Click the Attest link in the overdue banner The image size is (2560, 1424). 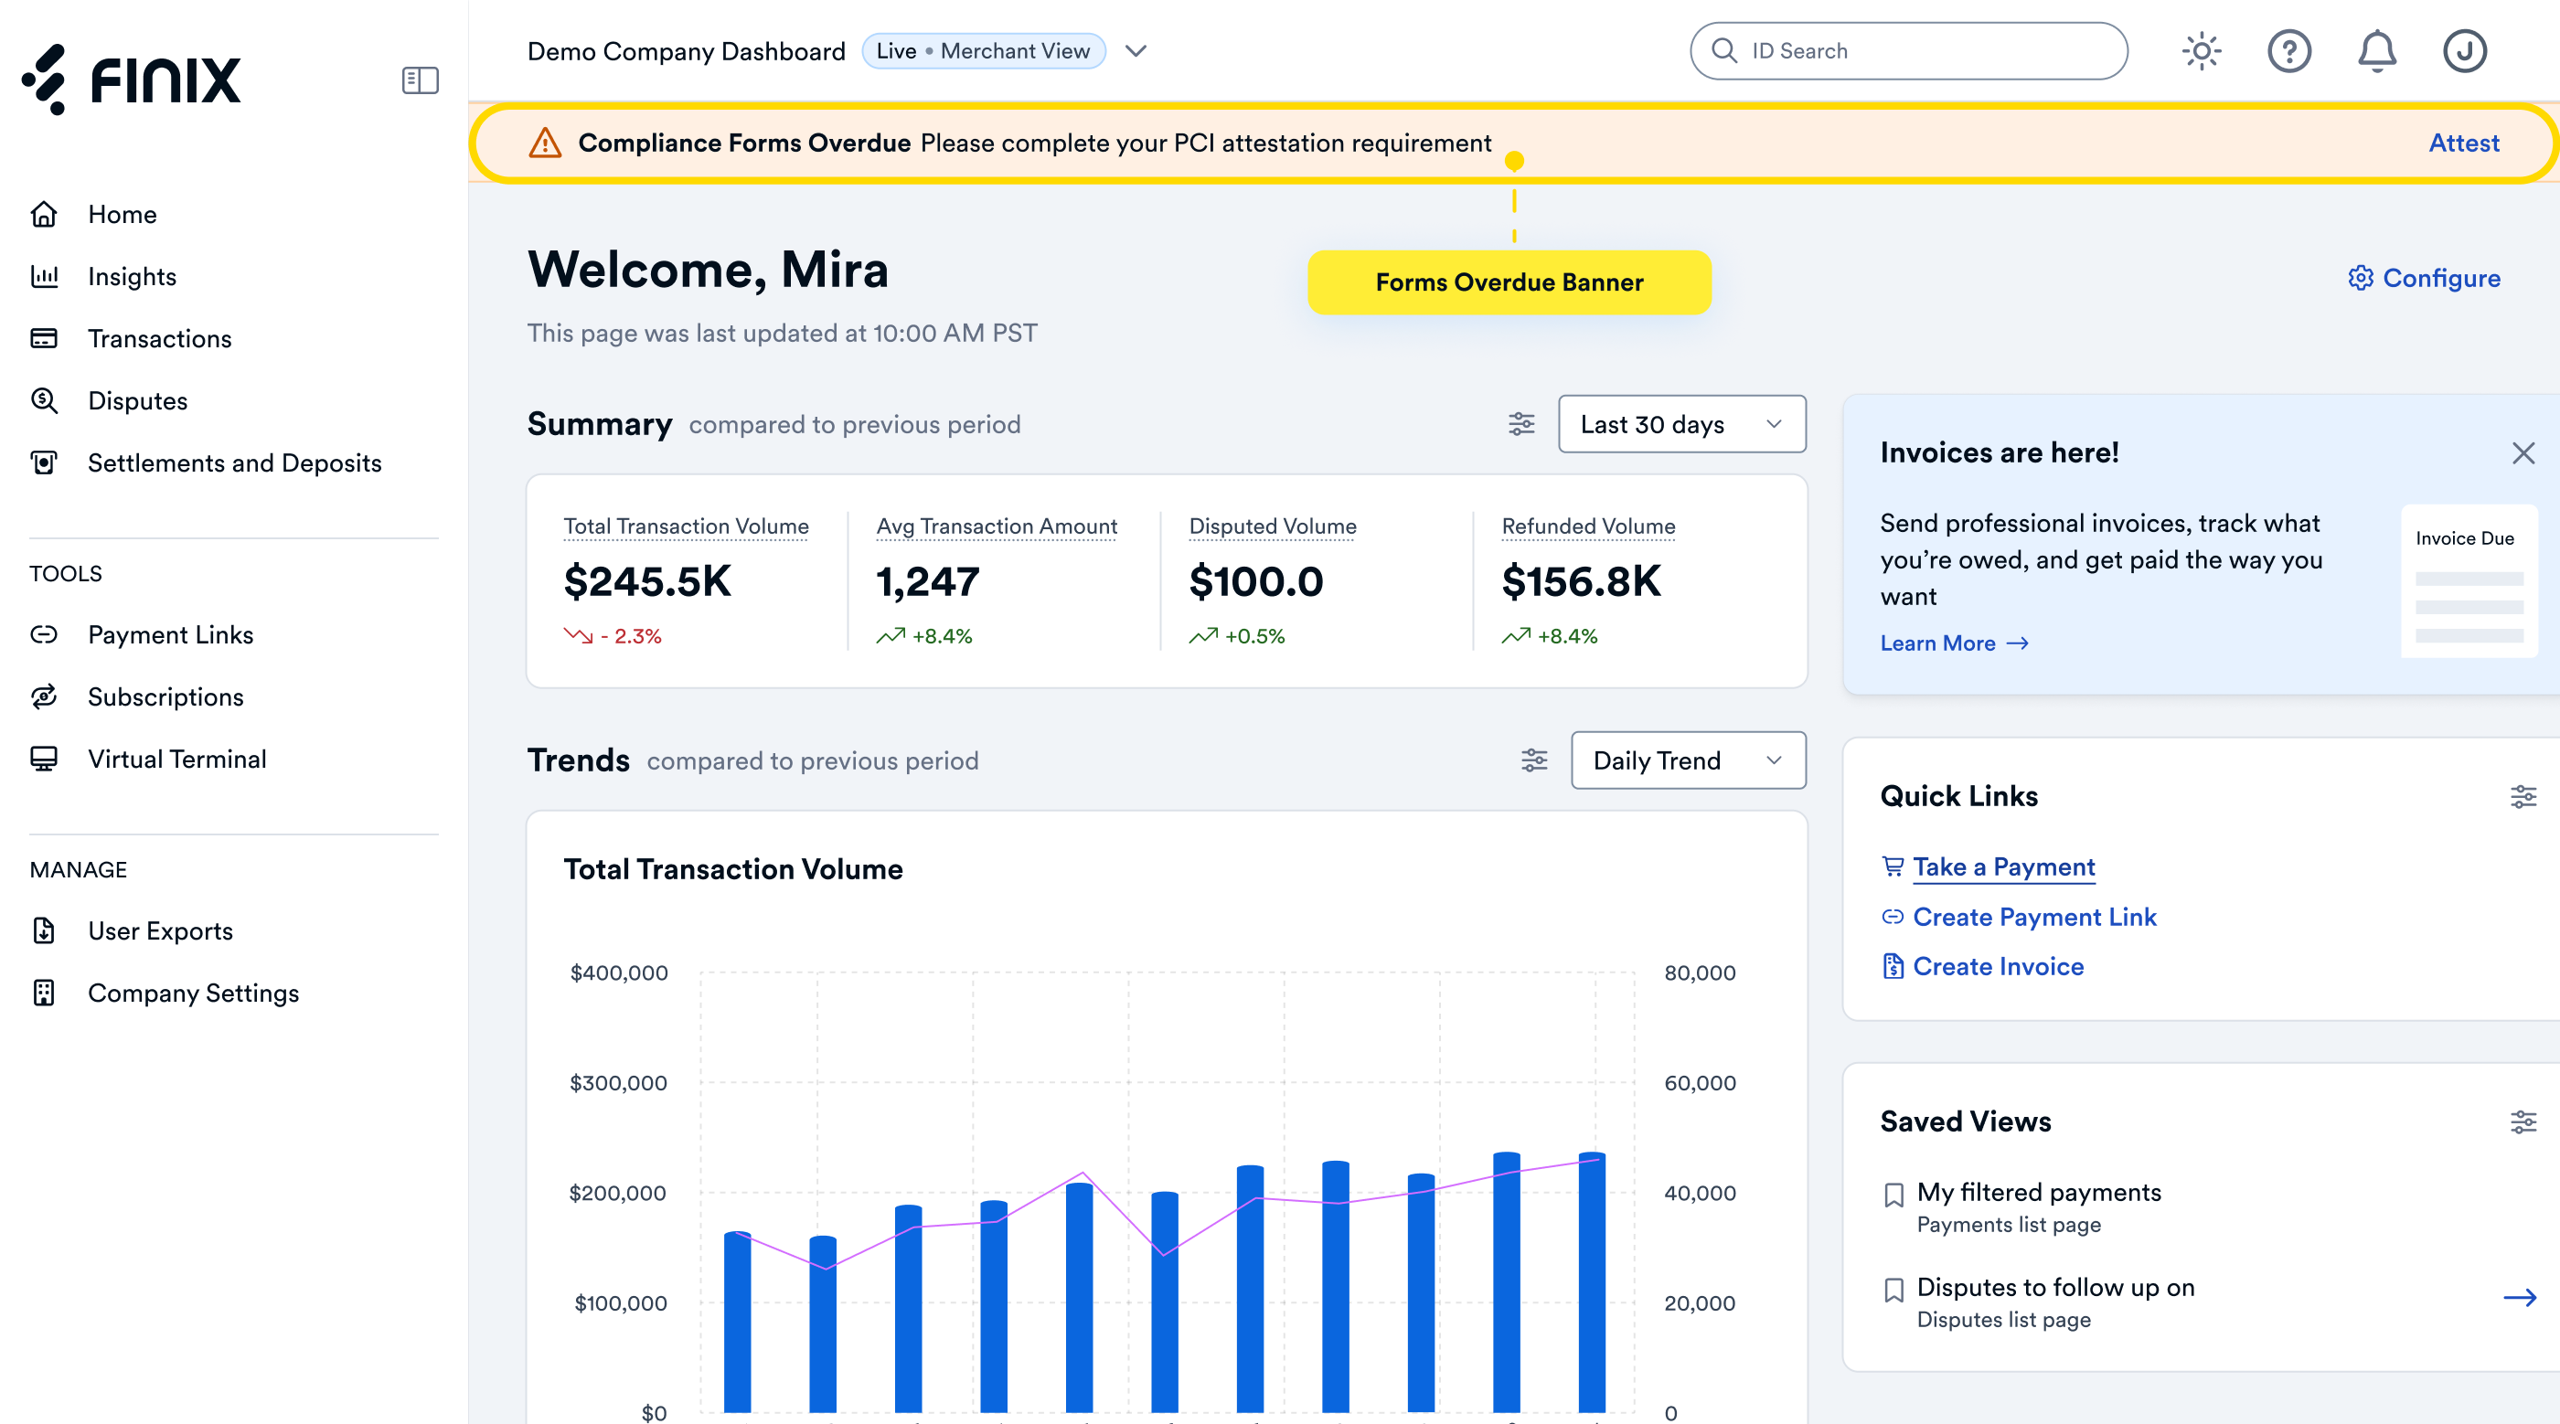2464,143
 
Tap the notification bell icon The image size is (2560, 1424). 2377,50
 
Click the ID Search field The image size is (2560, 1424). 1908,50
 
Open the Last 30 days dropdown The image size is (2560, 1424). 1681,424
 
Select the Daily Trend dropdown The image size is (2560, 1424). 1689,760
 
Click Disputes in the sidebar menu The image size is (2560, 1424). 137,400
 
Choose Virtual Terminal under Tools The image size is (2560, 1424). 176,760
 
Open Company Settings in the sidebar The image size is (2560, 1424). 193,993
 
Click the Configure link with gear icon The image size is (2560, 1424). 2424,278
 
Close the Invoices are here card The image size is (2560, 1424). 2523,453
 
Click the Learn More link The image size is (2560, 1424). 1954,643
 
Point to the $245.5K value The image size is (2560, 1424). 647,581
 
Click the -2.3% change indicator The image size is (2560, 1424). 613,636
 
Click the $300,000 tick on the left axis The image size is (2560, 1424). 618,1083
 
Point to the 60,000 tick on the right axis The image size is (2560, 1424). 1701,1083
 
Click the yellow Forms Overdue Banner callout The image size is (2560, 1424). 1509,282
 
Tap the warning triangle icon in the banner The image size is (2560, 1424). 545,143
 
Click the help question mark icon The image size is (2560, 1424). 2289,50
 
